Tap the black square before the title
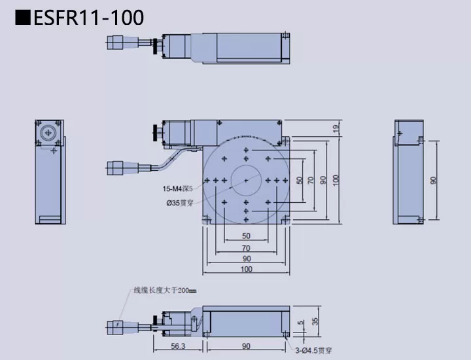click(x=22, y=18)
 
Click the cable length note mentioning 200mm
click(x=164, y=291)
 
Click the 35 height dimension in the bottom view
click(x=315, y=321)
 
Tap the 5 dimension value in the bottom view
click(x=301, y=322)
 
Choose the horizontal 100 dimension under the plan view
click(x=246, y=269)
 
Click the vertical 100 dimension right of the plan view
click(x=336, y=179)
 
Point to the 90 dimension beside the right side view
click(x=433, y=180)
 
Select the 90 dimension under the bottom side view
click(x=246, y=347)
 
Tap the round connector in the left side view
click(x=48, y=133)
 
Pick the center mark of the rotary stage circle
click(x=246, y=179)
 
